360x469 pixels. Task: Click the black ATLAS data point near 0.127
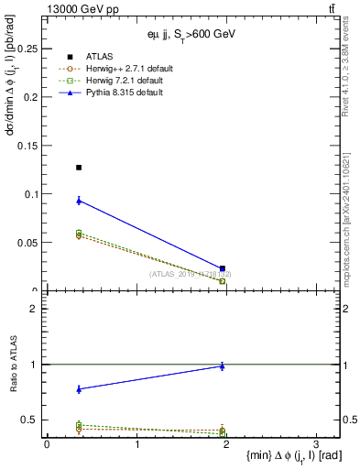click(79, 168)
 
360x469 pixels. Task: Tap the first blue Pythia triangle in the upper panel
click(79, 200)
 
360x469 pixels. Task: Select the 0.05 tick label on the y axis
click(27, 243)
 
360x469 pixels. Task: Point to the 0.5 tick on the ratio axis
click(33, 420)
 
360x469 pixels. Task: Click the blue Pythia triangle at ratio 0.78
click(79, 389)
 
